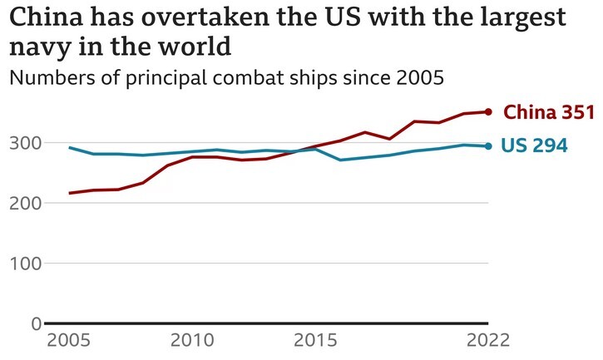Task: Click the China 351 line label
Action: [549, 112]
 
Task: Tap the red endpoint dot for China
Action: [489, 111]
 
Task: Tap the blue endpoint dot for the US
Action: [489, 146]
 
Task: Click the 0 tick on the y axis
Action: [35, 323]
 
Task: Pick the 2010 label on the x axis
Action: [193, 341]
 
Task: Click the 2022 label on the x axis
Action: [488, 341]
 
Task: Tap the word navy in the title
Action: [37, 47]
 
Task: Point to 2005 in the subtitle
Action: [416, 79]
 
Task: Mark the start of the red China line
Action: [70, 193]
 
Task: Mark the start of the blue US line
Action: [70, 148]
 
